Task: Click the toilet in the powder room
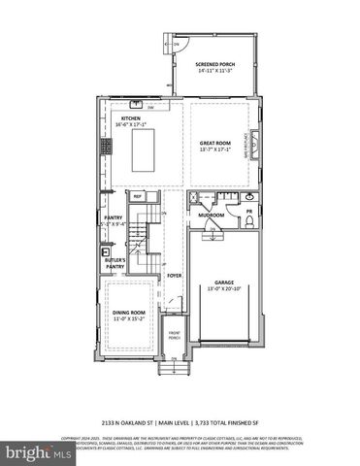point(249,220)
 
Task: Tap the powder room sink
point(250,200)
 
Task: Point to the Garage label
point(223,282)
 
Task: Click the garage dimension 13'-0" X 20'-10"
point(223,288)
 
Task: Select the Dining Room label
point(129,312)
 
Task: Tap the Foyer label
point(174,276)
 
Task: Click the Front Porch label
point(174,337)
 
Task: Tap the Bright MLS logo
point(37,451)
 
